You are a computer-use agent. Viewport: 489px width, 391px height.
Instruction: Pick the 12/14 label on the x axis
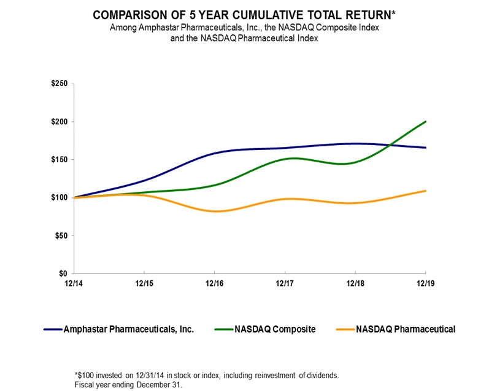pyautogui.click(x=74, y=283)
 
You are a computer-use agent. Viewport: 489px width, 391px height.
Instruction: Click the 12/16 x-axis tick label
pyautogui.click(x=214, y=283)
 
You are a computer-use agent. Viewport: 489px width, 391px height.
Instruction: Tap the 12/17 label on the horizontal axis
pyautogui.click(x=285, y=283)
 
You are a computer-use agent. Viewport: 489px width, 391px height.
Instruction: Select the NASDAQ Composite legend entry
pyautogui.click(x=273, y=330)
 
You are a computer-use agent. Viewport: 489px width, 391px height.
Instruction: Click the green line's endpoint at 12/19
pyautogui.click(x=426, y=122)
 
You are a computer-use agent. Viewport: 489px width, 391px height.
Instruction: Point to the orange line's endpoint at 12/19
pyautogui.click(x=426, y=191)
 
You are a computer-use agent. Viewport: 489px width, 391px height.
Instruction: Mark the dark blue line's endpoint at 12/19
pyautogui.click(x=426, y=148)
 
